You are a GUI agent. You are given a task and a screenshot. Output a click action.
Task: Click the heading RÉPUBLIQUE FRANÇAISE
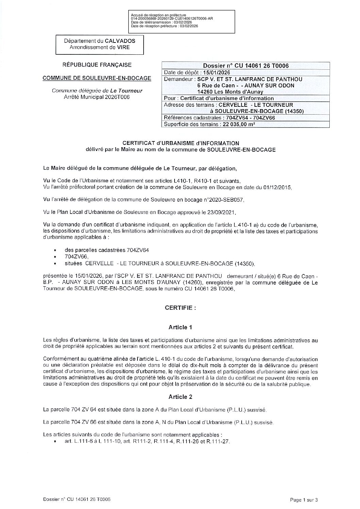[x=97, y=65]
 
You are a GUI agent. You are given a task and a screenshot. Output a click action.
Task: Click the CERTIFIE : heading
[x=180, y=308]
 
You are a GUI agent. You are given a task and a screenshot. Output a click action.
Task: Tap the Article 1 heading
[x=180, y=327]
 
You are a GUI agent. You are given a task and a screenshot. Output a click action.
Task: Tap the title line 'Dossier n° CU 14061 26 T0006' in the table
[x=246, y=66]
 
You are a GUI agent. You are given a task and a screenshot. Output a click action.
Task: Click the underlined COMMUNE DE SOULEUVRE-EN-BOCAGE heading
[x=97, y=78]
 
